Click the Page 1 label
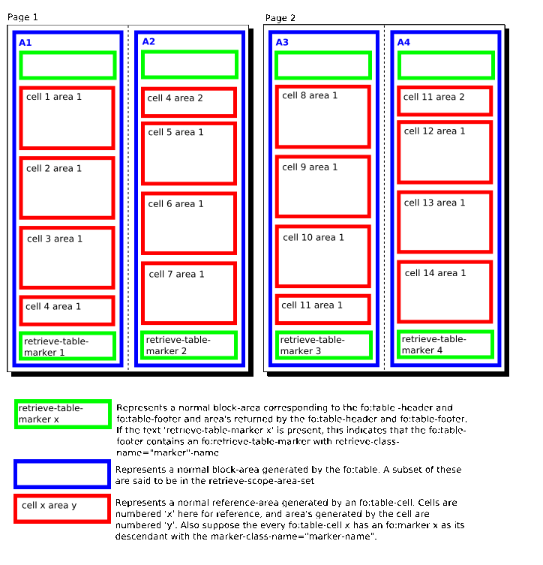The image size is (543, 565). [22, 17]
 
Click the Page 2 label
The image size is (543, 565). [280, 17]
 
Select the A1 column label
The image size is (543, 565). [25, 43]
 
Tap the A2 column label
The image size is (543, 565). [148, 41]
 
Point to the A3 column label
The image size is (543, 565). [282, 43]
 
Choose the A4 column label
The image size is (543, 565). [403, 42]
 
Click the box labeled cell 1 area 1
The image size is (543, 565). [67, 119]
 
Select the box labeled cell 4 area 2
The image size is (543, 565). [189, 102]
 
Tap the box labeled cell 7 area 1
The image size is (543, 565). [189, 293]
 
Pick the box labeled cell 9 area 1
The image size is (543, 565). [323, 186]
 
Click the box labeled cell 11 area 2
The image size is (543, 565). [445, 101]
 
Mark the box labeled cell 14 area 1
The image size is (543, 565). [445, 291]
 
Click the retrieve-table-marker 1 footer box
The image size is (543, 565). [67, 346]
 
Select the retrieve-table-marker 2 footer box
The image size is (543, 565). [189, 345]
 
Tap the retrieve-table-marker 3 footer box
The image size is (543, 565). [323, 345]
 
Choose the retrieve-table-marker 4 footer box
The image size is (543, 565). [445, 344]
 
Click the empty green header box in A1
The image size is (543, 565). [67, 65]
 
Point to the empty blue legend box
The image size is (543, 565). [61, 474]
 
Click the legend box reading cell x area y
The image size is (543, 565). [61, 508]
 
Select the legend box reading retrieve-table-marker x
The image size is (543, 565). [61, 414]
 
